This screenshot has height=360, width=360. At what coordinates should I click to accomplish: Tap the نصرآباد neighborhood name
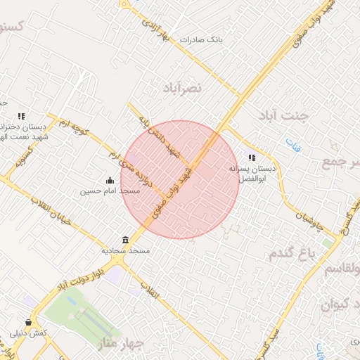coord(181,88)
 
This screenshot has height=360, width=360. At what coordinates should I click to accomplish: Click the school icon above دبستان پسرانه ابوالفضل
coord(252,157)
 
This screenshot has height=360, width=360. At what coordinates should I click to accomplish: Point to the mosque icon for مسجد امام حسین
coord(109,180)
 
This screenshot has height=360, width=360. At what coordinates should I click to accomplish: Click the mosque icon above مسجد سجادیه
coord(125,240)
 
